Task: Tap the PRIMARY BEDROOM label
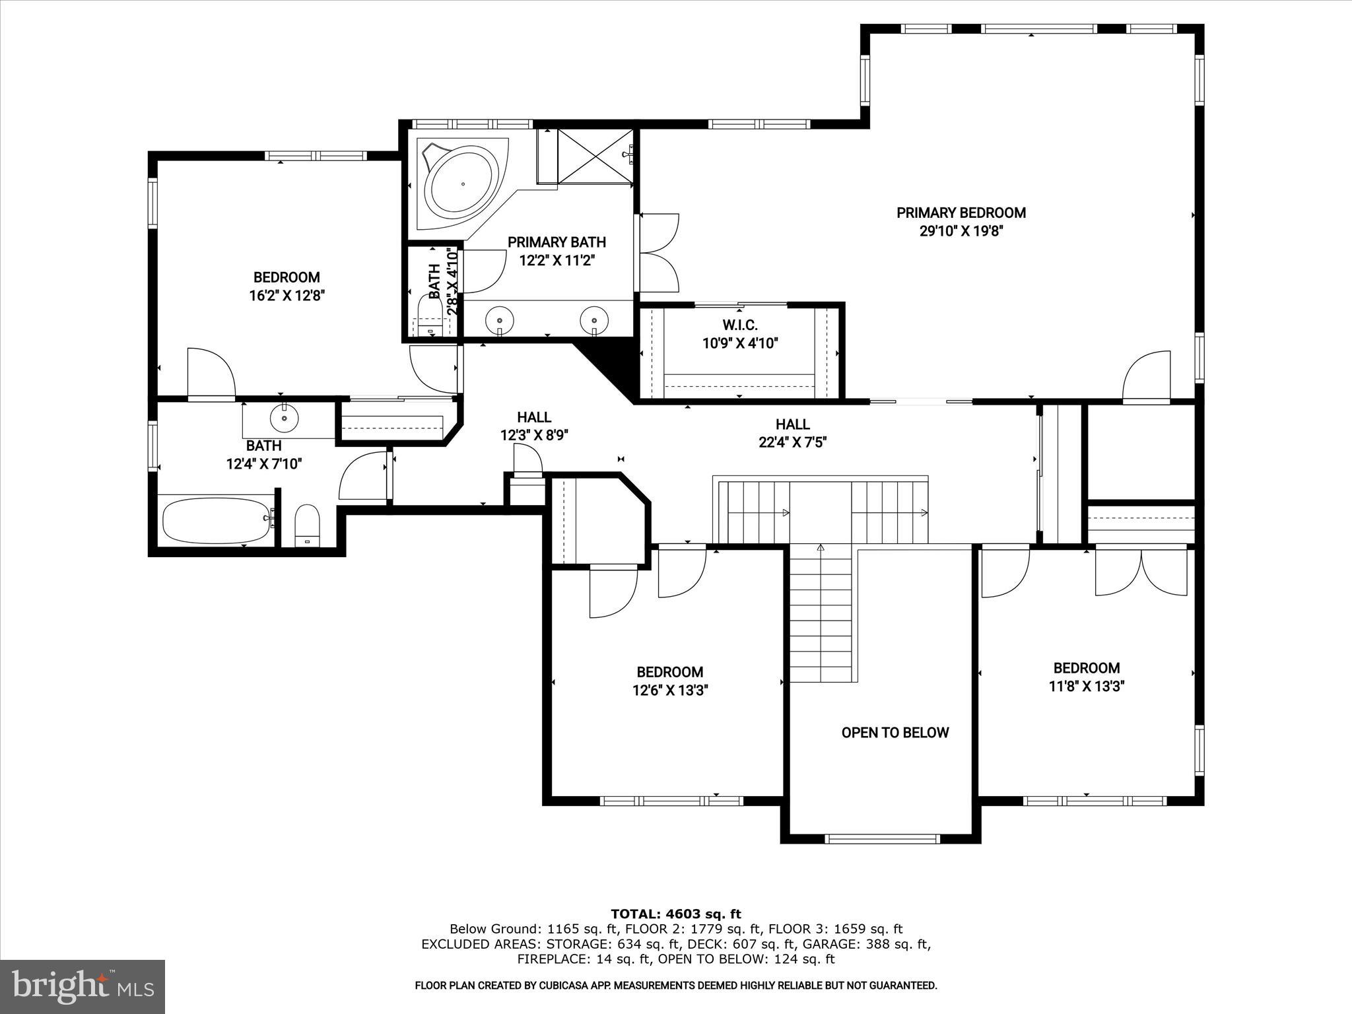click(x=961, y=213)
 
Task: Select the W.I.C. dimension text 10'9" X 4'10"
click(x=740, y=343)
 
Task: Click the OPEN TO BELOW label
click(x=895, y=732)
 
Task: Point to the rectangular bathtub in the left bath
click(x=216, y=520)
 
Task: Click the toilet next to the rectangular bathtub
click(x=307, y=525)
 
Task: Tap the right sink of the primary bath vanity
click(x=593, y=320)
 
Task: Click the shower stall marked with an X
click(x=595, y=156)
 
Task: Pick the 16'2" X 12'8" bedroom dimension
click(x=287, y=295)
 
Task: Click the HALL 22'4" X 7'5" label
click(x=792, y=433)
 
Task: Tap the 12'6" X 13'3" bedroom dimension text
click(x=670, y=691)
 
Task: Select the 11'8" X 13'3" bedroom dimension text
click(x=1086, y=686)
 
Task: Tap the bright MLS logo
click(x=83, y=986)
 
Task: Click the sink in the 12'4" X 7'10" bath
click(x=284, y=418)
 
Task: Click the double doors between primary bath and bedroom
click(x=658, y=252)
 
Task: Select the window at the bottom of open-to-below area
click(x=881, y=839)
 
